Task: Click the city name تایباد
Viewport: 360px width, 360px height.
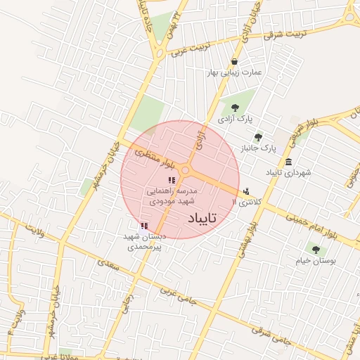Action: click(x=202, y=219)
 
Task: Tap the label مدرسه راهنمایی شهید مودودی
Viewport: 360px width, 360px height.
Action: click(x=172, y=195)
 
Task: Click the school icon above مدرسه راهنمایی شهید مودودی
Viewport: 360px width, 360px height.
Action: click(x=172, y=181)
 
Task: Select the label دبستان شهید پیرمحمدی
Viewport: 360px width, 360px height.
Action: click(x=144, y=242)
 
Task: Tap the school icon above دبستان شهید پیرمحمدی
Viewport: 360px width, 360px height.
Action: click(x=144, y=226)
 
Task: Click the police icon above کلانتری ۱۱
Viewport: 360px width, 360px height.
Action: click(x=245, y=191)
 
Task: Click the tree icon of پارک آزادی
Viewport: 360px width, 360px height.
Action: click(x=235, y=108)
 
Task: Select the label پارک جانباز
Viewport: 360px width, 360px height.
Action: click(x=259, y=148)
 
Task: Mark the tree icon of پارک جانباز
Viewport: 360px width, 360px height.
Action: click(x=259, y=137)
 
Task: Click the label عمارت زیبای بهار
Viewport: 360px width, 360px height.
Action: click(x=233, y=72)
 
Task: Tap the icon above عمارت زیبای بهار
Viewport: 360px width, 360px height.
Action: click(x=234, y=61)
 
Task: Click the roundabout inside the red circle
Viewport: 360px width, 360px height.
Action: click(x=186, y=171)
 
